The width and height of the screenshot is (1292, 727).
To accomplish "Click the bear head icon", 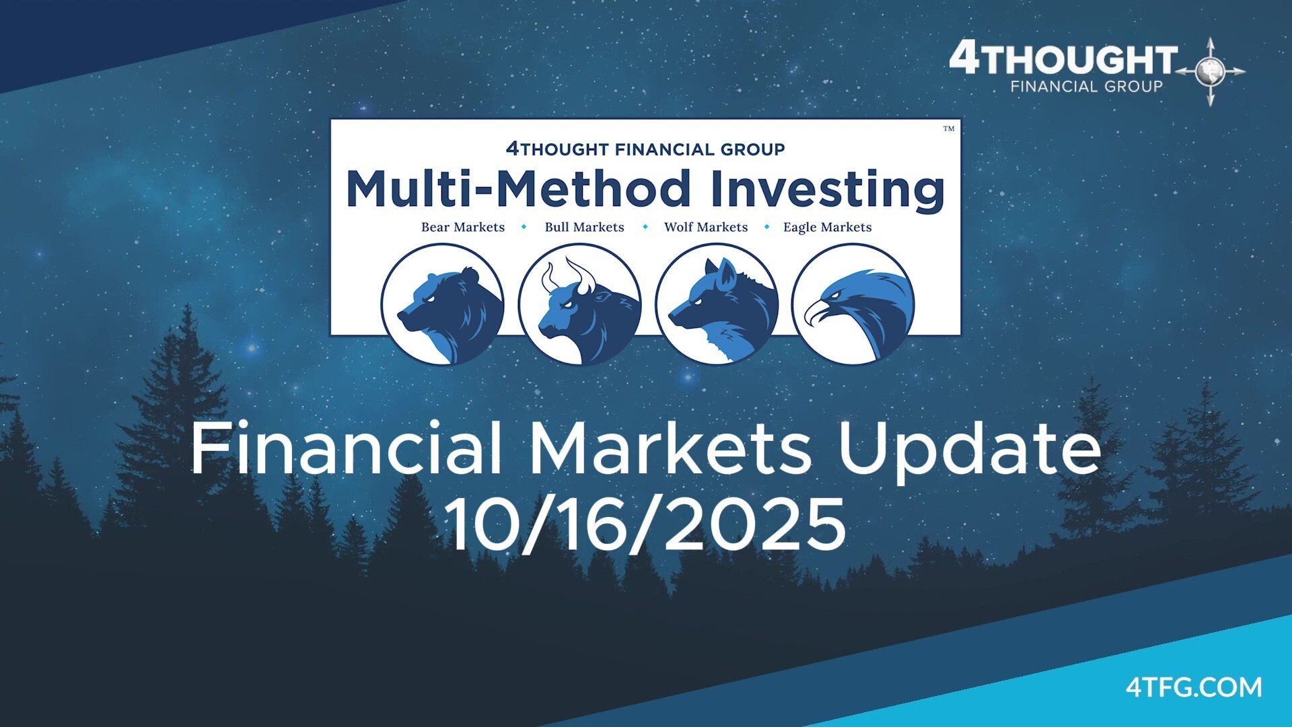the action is coord(442,304).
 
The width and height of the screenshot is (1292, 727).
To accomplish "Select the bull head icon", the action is coord(579,304).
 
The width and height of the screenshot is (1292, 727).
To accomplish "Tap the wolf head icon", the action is coord(717,304).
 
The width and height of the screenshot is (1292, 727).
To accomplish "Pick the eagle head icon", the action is coord(853,304).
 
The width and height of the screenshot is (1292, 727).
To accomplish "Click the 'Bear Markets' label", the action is coord(463,227).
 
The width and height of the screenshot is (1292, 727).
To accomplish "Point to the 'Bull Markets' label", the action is coord(584,227).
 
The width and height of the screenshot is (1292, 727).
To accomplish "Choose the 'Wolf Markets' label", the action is coord(706,227).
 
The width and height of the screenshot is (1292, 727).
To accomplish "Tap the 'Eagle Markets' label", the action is coord(827,228).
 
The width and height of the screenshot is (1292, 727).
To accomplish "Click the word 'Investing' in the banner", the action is coord(828,190).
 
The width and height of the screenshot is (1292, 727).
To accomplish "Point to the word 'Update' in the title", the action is coord(969,450).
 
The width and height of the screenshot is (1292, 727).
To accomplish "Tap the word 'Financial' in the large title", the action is coord(347,448).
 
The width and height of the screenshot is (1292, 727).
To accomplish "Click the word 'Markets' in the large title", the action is coord(671,448).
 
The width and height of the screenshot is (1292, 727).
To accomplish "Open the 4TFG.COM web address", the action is coord(1194,687).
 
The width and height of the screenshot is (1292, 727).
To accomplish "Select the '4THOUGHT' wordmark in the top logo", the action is coord(1063,59).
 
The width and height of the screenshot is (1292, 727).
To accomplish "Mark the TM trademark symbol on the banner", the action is coord(949,129).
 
